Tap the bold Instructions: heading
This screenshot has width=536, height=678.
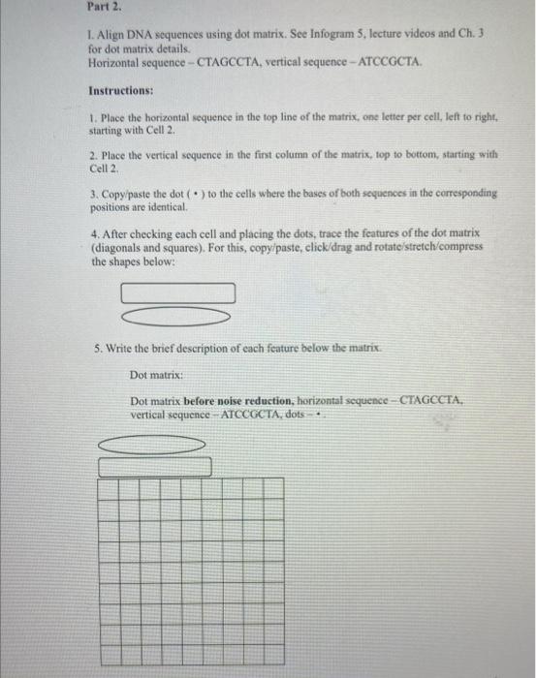(121, 90)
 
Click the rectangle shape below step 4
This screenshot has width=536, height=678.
(177, 292)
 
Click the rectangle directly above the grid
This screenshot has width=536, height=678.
(154, 467)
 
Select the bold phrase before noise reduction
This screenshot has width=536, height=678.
(234, 400)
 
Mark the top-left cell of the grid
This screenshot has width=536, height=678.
(109, 487)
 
